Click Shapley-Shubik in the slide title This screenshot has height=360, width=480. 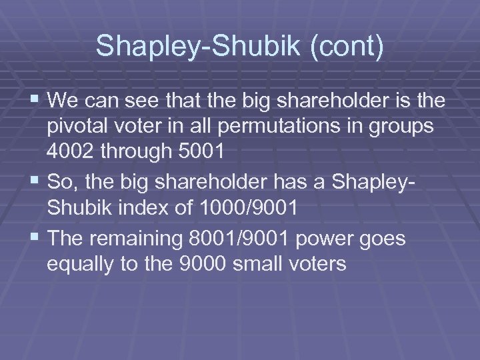click(193, 47)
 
